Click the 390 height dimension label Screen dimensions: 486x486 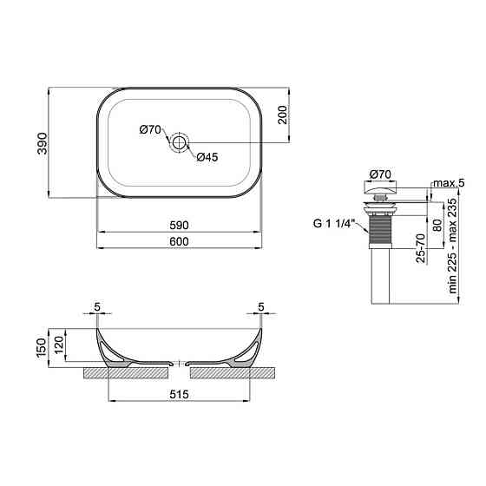[43, 143]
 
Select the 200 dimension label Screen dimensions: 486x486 [283, 115]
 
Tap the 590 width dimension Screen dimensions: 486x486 [179, 226]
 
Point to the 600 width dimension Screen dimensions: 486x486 [179, 241]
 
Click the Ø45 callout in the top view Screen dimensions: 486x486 [207, 157]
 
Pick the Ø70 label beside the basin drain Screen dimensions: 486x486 [150, 129]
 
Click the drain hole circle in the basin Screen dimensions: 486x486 [179, 143]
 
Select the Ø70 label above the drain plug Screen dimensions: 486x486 [380, 174]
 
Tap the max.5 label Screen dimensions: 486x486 [449, 183]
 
